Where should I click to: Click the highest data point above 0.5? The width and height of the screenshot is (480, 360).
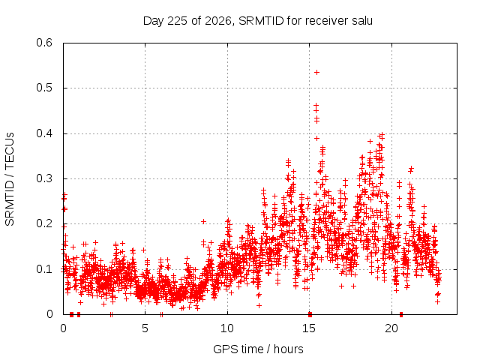(317, 73)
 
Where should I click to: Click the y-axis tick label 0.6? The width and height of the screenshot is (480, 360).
(44, 43)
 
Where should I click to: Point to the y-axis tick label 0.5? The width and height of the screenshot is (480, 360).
(44, 88)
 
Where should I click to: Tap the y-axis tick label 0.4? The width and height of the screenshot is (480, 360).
(44, 133)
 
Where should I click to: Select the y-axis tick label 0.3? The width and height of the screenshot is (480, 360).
(44, 178)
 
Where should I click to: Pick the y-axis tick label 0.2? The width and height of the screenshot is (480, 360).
(44, 223)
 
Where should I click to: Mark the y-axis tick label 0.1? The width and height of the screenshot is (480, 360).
(44, 269)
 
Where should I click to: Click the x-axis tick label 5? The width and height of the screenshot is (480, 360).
(145, 328)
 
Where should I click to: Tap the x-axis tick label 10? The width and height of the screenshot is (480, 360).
(227, 328)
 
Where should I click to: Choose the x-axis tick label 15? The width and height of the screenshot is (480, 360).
(309, 328)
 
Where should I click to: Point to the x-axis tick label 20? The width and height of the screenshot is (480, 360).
(391, 328)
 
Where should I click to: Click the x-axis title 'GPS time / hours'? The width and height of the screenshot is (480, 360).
(258, 349)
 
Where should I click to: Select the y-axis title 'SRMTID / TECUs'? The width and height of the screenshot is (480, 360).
(10, 179)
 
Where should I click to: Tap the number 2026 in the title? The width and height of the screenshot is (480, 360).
(217, 21)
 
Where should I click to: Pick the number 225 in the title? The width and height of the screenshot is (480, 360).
(177, 21)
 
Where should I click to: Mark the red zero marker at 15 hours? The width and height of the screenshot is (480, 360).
(310, 314)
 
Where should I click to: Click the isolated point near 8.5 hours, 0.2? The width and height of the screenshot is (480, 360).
(203, 222)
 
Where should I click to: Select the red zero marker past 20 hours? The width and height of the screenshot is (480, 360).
(401, 314)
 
